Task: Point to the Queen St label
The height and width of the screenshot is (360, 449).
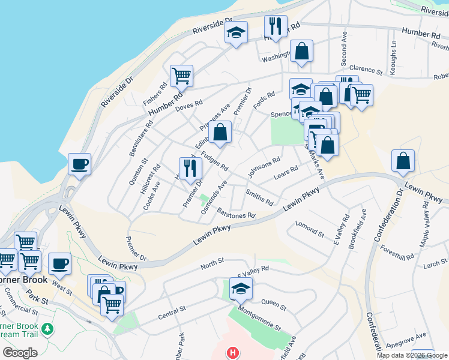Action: click(273, 303)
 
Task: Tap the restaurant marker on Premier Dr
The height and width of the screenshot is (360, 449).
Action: click(190, 169)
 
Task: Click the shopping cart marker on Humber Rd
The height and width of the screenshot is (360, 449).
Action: click(181, 76)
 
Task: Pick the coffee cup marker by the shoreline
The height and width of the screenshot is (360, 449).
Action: click(79, 164)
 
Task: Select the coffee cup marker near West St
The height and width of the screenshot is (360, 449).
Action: click(59, 263)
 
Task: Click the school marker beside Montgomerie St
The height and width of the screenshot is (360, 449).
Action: click(241, 289)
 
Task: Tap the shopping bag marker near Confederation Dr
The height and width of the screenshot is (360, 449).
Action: click(403, 161)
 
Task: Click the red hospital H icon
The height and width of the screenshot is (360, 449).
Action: click(232, 353)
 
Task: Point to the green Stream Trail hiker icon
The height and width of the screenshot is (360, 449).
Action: click(48, 329)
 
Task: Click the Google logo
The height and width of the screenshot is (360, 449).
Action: click(20, 353)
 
